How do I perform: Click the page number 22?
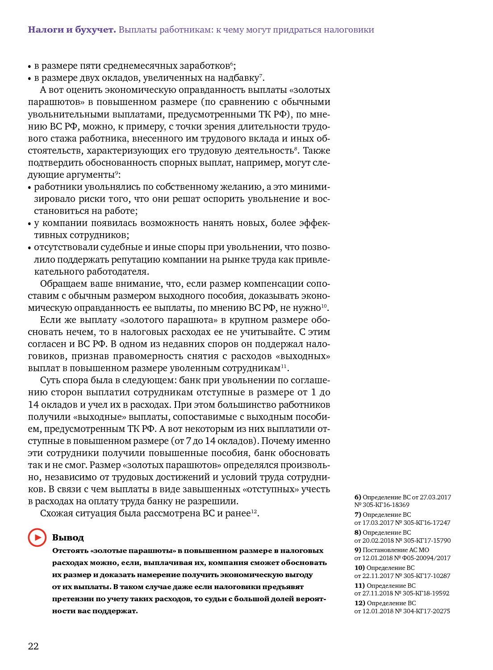pyautogui.click(x=33, y=646)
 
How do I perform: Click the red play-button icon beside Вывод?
pyautogui.click(x=37, y=537)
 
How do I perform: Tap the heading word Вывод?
pyautogui.click(x=68, y=537)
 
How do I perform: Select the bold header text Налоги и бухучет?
pyautogui.click(x=72, y=30)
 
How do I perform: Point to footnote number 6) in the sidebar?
pyautogui.click(x=358, y=497)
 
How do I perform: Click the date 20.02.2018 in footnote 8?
pyautogui.click(x=378, y=540)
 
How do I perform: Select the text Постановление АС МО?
pyautogui.click(x=396, y=550)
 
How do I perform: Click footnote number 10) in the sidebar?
pyautogui.click(x=359, y=568)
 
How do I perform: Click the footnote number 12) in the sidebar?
pyautogui.click(x=359, y=603)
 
